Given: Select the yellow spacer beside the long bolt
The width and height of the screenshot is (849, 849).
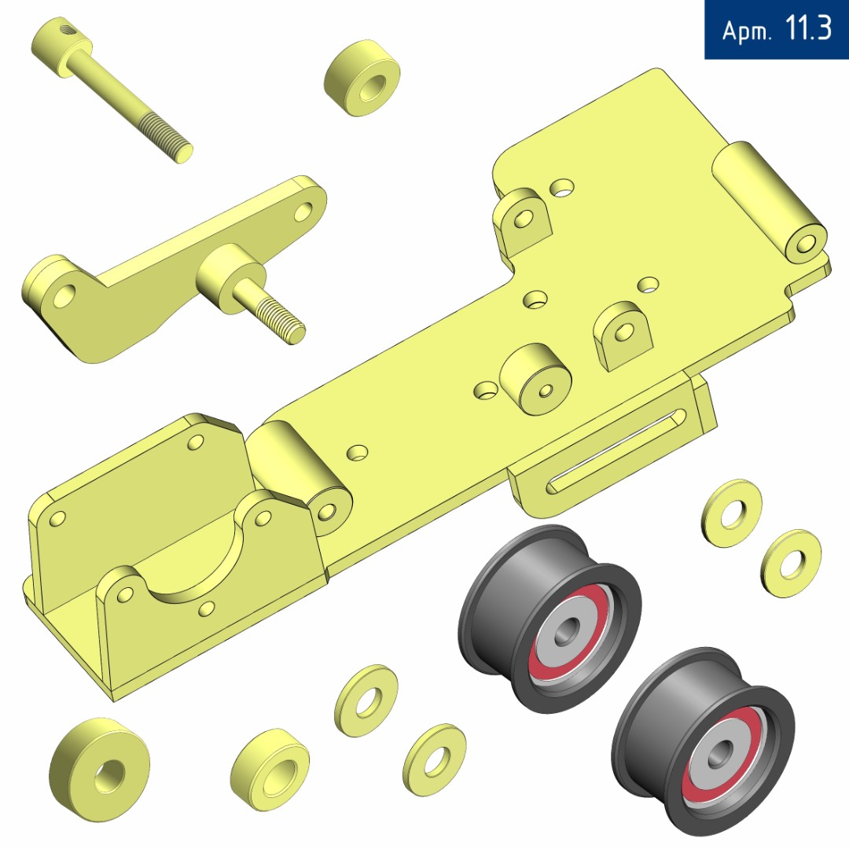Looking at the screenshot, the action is pos(362,77).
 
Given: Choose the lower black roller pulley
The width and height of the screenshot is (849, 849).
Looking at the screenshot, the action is pos(704,741).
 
